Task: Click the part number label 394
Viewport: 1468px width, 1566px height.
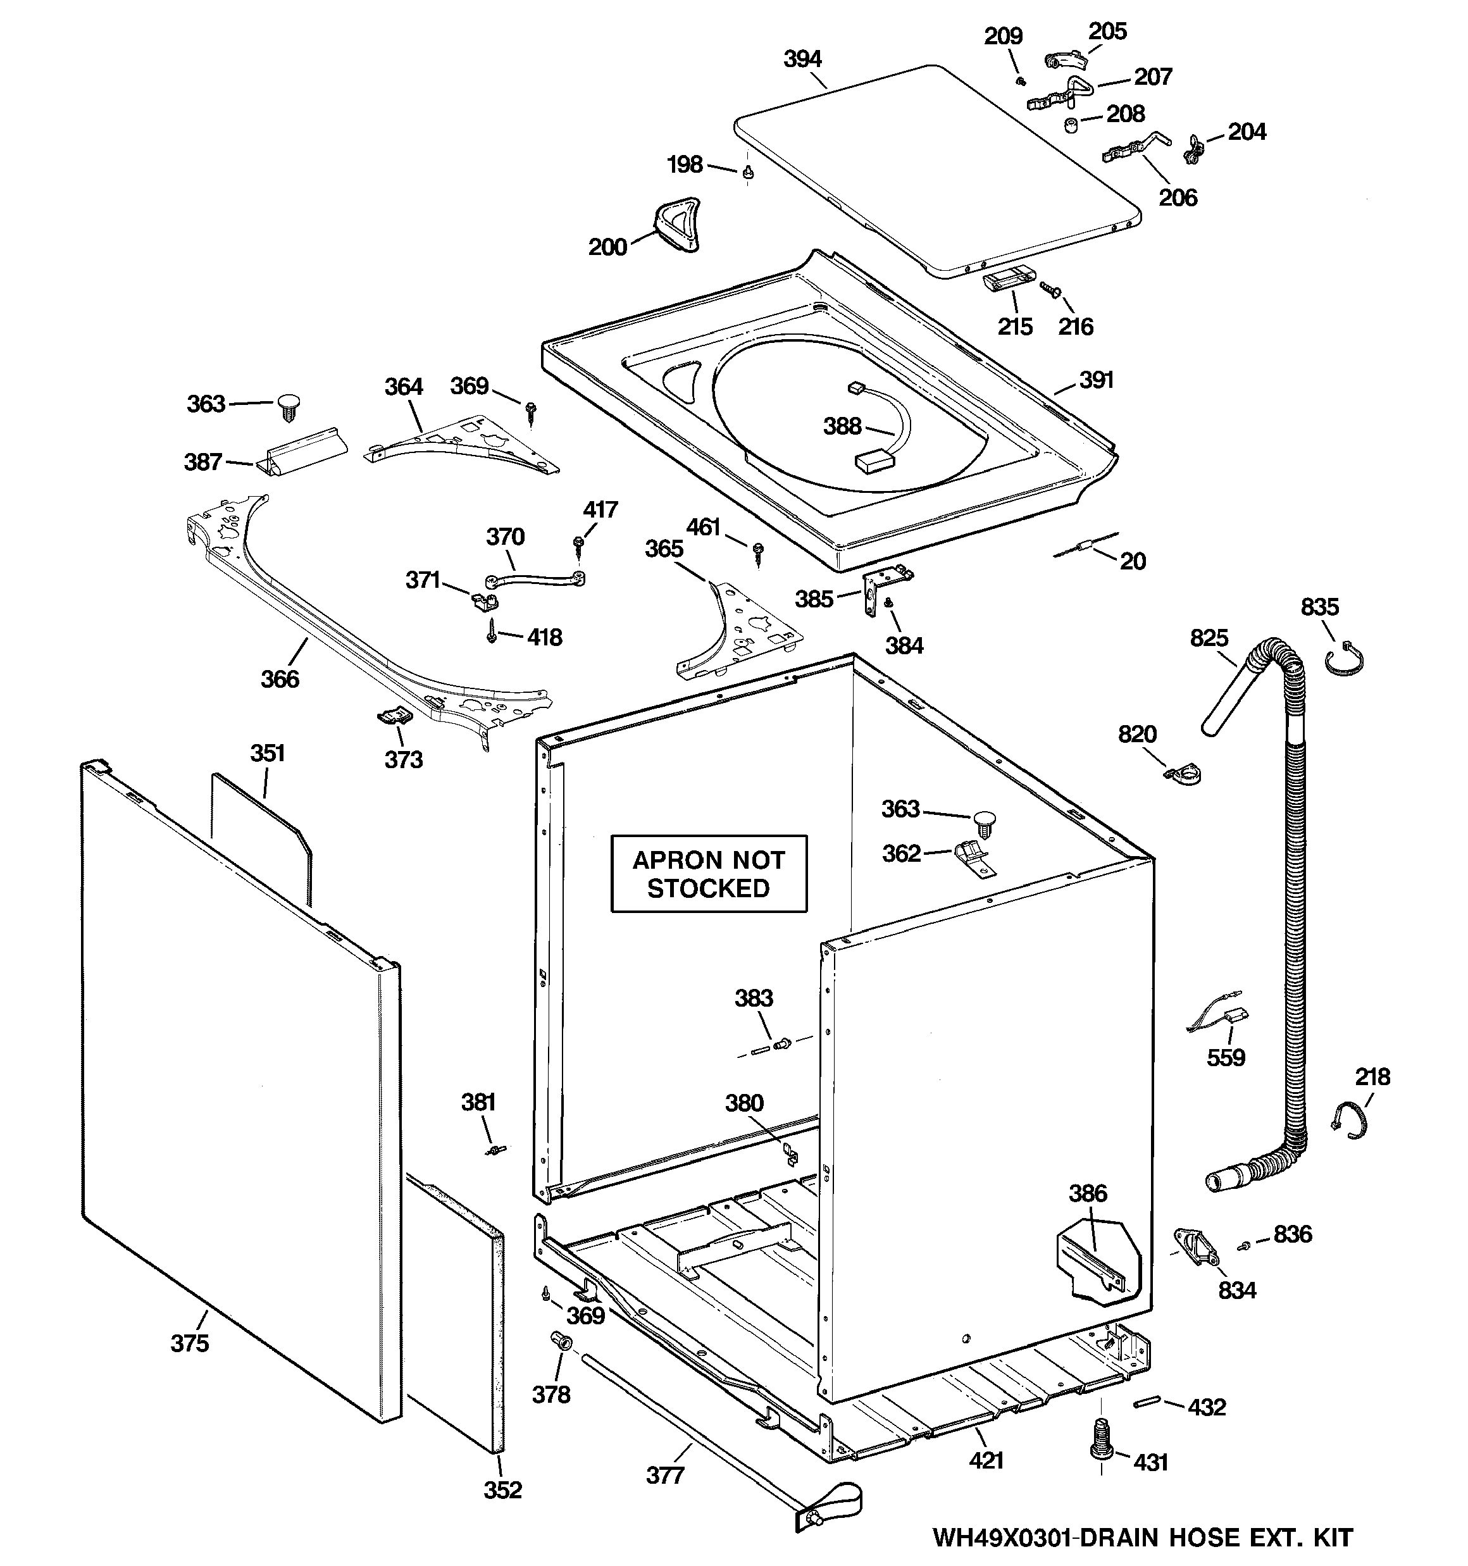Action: tap(802, 59)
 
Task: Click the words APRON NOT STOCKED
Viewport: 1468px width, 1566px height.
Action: tap(709, 874)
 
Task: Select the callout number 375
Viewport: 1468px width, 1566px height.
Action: tap(190, 1343)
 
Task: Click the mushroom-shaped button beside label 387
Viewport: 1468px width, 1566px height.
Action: tap(290, 406)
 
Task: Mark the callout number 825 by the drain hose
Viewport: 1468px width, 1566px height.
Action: tap(1209, 637)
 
